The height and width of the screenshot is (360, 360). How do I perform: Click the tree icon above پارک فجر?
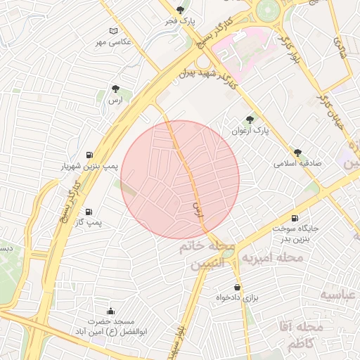tap(181, 10)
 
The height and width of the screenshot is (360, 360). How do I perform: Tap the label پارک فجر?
tap(181, 22)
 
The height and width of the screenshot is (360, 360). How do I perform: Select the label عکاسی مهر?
tap(115, 42)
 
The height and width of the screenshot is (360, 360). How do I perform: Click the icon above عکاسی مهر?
tap(115, 31)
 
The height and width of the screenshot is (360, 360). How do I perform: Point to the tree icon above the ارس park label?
tap(115, 89)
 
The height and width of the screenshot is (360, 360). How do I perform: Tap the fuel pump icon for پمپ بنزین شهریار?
tap(89, 155)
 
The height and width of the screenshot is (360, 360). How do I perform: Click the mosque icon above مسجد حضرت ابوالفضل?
tap(110, 311)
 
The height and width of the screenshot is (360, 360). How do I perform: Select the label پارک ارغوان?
tap(250, 131)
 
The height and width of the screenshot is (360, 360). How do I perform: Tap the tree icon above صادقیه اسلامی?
tap(298, 151)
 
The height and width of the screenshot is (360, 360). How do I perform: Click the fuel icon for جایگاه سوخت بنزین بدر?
tap(294, 218)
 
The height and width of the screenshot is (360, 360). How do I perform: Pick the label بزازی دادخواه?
tap(238, 298)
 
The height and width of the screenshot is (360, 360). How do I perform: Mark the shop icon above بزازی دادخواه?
tap(238, 287)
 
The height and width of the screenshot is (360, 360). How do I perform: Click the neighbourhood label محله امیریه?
tap(272, 259)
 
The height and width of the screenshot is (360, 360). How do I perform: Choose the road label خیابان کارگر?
tap(329, 102)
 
